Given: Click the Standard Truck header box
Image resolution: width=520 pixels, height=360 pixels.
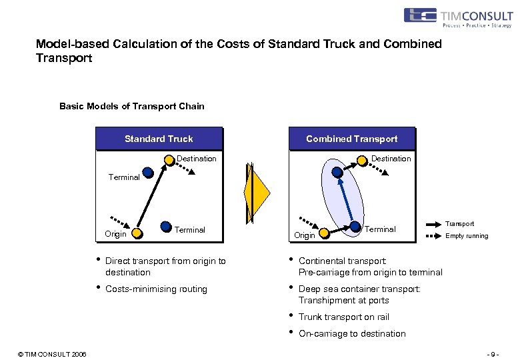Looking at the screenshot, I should (x=159, y=139).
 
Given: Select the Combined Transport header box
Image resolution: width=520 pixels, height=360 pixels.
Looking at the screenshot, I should (x=351, y=139).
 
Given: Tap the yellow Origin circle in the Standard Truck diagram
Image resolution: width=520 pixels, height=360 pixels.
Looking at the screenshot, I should (x=136, y=233).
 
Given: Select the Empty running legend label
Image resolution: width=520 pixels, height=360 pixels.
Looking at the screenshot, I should (x=467, y=236).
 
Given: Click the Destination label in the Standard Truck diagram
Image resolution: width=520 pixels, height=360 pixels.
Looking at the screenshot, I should (x=196, y=159).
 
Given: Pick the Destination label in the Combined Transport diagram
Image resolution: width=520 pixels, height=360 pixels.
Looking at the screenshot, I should (x=391, y=159).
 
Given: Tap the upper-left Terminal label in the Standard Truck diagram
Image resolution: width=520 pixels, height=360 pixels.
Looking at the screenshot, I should (x=124, y=177).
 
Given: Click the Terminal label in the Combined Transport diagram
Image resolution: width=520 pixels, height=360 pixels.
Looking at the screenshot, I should (x=380, y=229).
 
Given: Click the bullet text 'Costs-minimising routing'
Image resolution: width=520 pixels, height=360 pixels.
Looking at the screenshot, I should (x=156, y=289).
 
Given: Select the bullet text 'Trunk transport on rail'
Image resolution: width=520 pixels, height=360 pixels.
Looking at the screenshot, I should (x=343, y=317).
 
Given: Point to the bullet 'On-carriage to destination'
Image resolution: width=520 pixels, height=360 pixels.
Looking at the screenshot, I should (x=351, y=333).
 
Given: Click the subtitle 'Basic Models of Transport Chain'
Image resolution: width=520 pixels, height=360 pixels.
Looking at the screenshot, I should (x=132, y=106).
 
